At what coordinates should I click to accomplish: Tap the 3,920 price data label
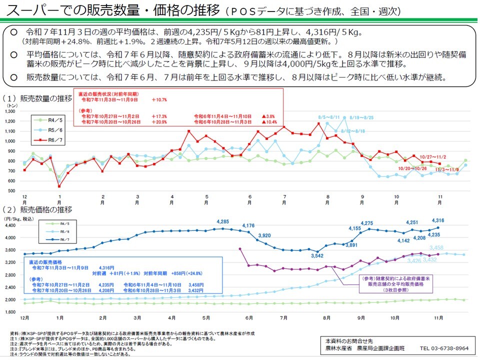click(x=264, y=235)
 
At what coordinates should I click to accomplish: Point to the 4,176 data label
click(x=248, y=226)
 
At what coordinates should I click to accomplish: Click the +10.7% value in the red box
click(x=159, y=100)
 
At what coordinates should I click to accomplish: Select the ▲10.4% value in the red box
click(x=269, y=122)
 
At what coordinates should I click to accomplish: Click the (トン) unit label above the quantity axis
click(x=11, y=105)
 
